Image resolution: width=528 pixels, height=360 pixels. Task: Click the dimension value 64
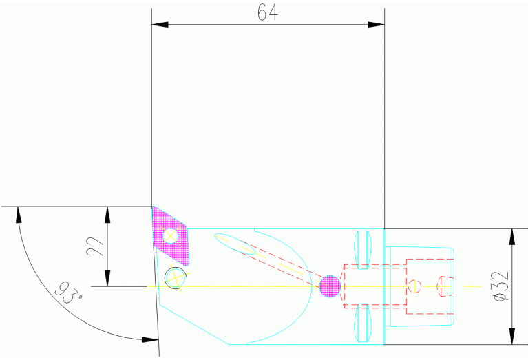coord(268,13)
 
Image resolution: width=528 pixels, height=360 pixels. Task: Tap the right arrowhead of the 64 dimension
coord(376,25)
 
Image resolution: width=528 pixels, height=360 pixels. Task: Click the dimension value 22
coord(96,246)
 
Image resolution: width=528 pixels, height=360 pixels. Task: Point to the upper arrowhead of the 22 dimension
coord(107,214)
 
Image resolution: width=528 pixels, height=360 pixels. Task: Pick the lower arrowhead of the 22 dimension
coord(107,278)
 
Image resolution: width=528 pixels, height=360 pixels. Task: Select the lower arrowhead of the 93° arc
coord(147,339)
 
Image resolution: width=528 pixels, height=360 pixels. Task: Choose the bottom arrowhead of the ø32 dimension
coord(511,337)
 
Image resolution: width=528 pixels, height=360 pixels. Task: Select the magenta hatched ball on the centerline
coord(330,286)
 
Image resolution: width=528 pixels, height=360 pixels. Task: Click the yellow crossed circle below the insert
coord(175,278)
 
